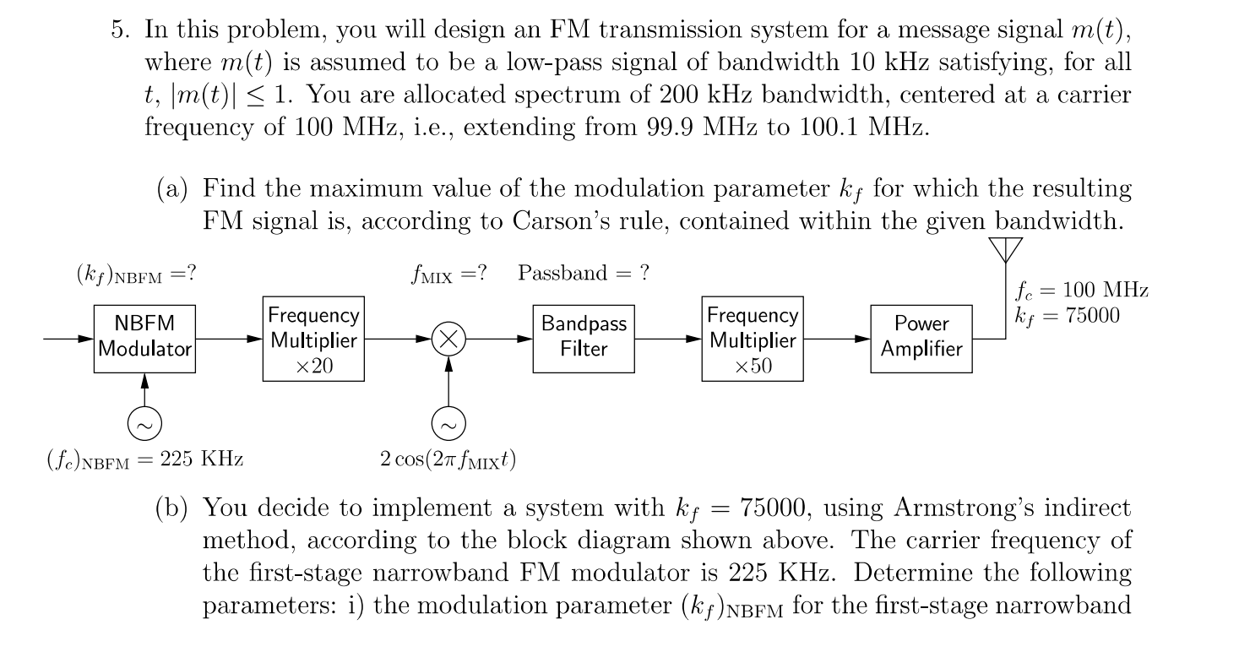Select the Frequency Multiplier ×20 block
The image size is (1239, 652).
(x=313, y=339)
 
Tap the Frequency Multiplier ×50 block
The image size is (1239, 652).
(x=752, y=339)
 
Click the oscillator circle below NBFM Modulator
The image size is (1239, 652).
(x=145, y=422)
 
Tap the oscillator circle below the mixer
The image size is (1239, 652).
(x=448, y=422)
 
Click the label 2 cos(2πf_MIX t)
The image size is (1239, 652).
(x=448, y=459)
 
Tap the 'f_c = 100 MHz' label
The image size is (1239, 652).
(x=1080, y=291)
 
